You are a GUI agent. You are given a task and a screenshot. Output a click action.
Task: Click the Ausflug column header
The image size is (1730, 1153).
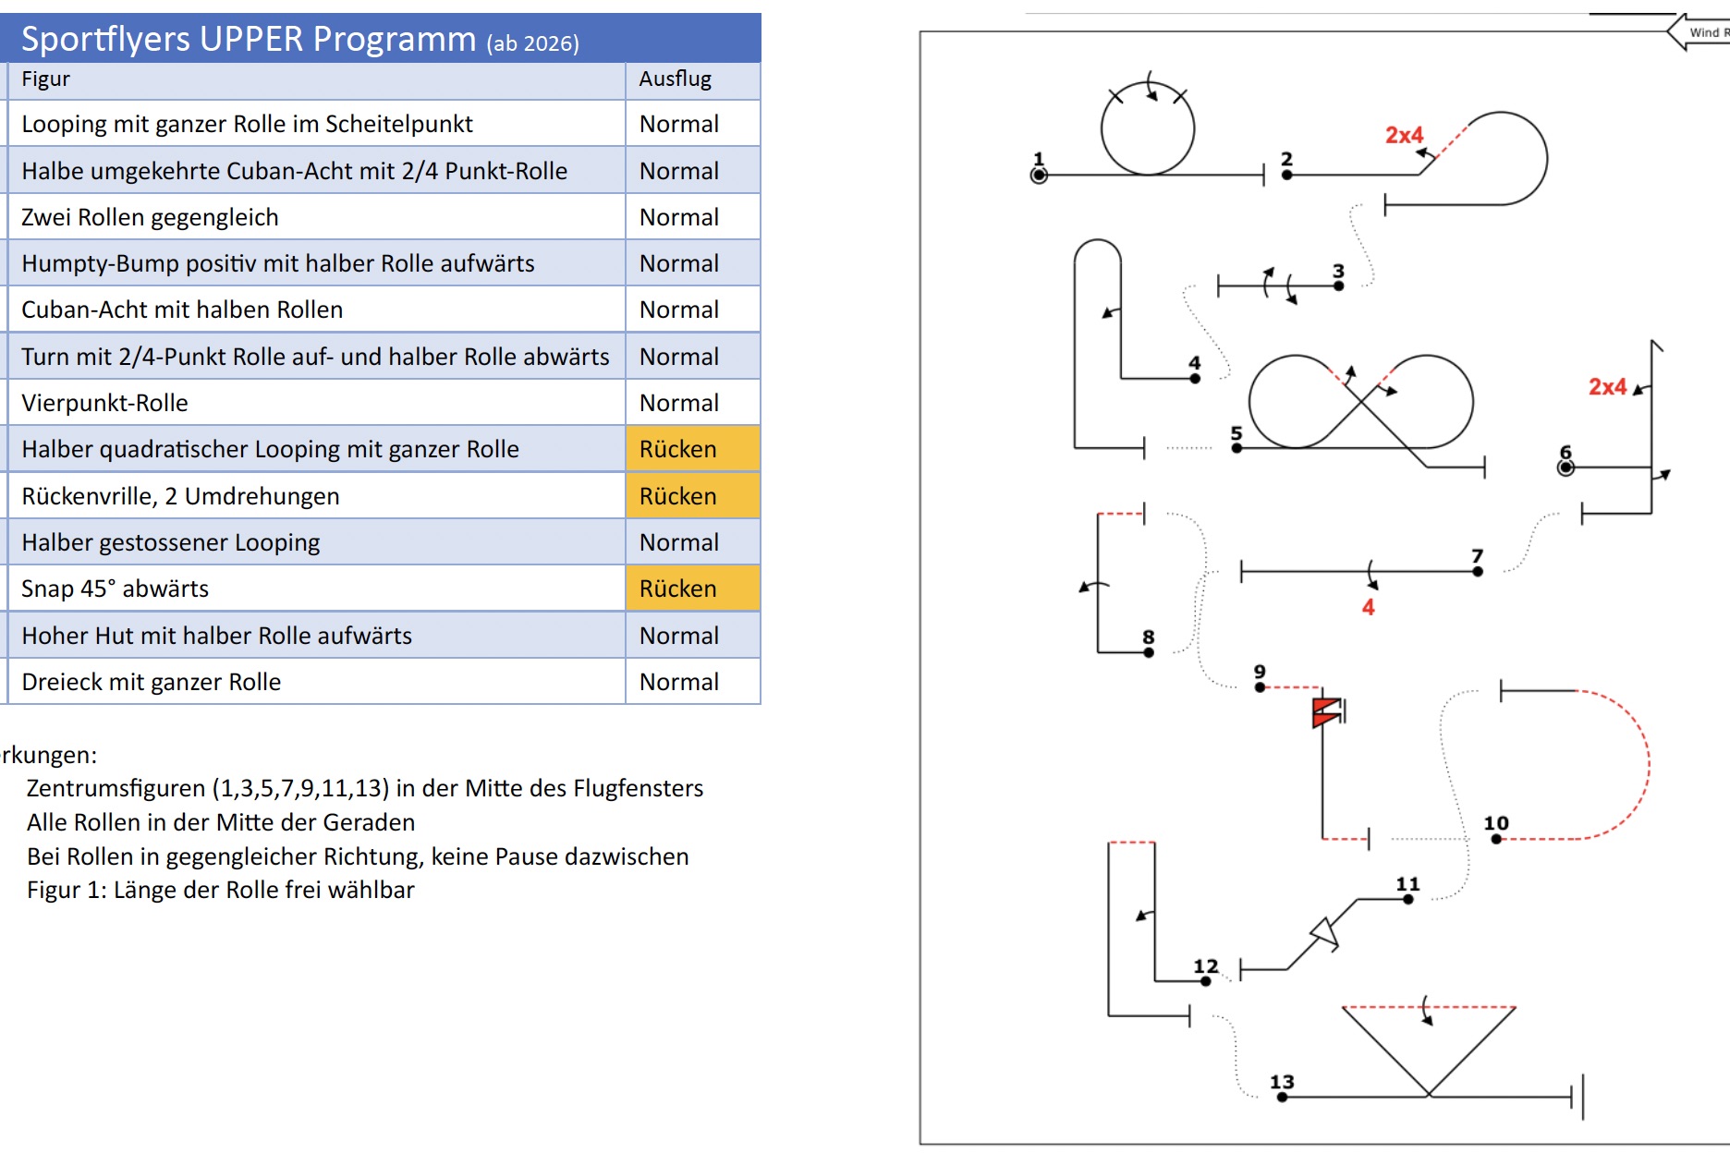tap(676, 79)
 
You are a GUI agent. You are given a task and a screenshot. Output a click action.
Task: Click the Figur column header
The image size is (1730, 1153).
tap(45, 79)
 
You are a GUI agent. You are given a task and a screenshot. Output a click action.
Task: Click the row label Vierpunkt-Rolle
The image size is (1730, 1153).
tap(104, 403)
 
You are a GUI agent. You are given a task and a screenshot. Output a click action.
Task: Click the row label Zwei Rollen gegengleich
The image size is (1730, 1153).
tap(150, 217)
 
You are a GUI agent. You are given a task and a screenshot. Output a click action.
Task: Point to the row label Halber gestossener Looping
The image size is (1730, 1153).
tap(171, 542)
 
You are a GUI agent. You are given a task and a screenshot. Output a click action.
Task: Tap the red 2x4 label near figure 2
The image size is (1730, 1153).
tap(1404, 135)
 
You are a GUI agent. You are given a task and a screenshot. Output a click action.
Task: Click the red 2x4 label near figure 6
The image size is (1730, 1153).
tap(1607, 386)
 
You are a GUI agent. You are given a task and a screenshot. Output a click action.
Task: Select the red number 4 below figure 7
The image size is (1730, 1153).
tap(1368, 607)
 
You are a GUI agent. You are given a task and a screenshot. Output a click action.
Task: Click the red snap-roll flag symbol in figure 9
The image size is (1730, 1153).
tap(1326, 712)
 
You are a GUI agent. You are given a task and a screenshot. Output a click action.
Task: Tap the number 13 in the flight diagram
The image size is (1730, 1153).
tap(1282, 1082)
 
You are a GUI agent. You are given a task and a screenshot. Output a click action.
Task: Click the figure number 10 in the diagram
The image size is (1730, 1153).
tap(1496, 823)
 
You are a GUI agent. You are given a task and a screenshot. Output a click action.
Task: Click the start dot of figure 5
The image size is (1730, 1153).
tap(1237, 448)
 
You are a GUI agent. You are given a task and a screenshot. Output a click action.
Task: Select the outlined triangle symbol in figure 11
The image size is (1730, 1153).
tap(1325, 934)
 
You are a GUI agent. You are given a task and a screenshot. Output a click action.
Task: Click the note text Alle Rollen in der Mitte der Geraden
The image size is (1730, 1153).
tap(221, 822)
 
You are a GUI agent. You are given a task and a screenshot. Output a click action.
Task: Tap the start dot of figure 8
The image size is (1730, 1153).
tap(1149, 652)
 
